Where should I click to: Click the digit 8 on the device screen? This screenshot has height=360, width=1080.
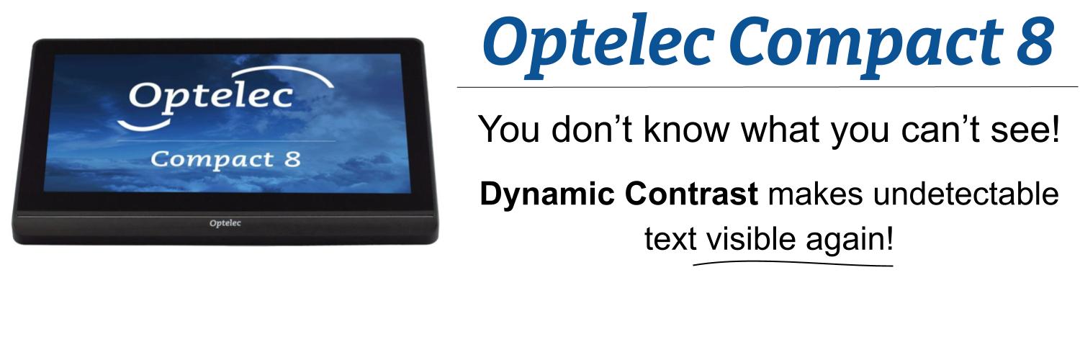[x=289, y=158]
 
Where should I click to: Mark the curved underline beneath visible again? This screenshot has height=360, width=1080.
[x=792, y=264]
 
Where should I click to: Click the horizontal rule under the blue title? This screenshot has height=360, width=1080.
[x=767, y=87]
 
